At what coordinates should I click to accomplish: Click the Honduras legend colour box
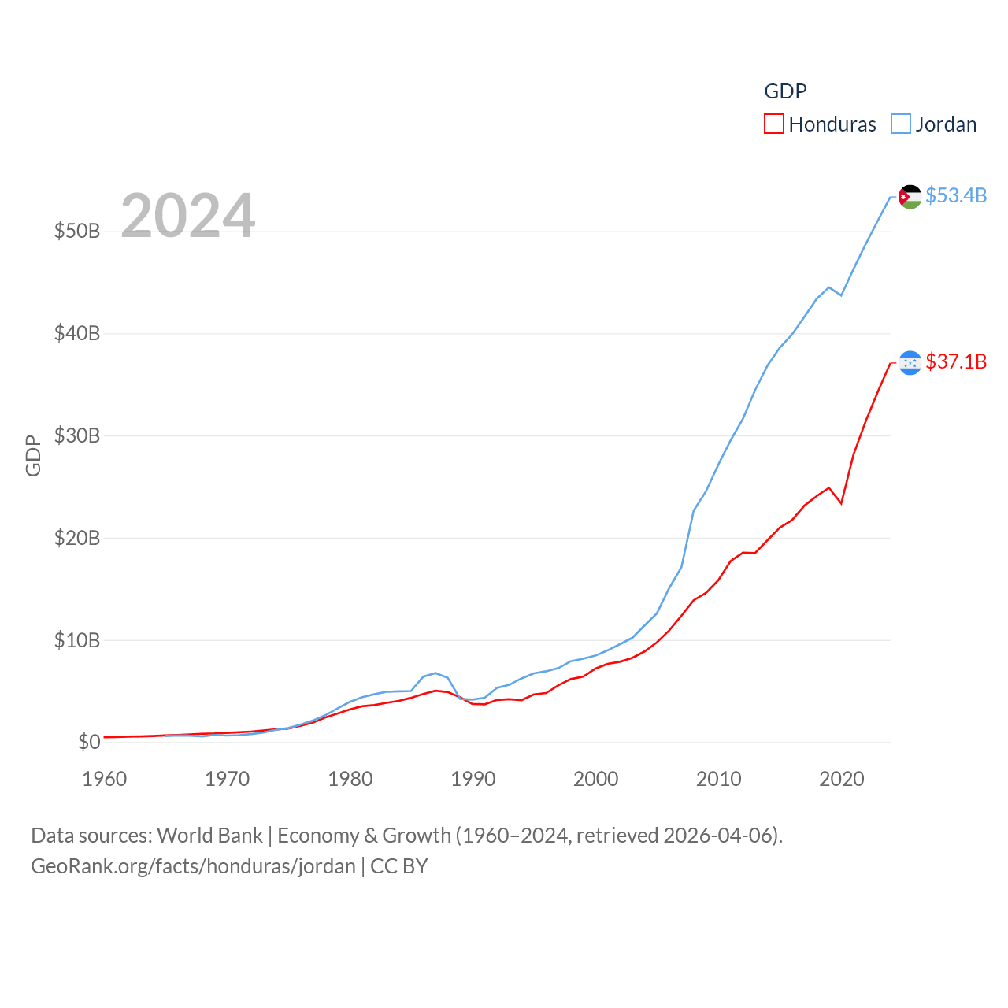[x=774, y=124]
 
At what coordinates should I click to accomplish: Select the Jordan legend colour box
[x=901, y=124]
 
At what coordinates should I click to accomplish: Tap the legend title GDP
[x=785, y=91]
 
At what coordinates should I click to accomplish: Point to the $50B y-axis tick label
[x=77, y=231]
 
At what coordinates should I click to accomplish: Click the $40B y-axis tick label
[x=77, y=333]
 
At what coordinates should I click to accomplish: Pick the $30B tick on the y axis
[x=77, y=435]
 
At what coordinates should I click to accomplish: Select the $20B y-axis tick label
[x=77, y=538]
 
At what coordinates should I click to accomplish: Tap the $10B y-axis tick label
[x=77, y=640]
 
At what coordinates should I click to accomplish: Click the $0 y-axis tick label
[x=89, y=742]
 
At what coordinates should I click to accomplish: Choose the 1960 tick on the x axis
[x=105, y=779]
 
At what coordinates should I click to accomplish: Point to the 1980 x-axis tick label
[x=350, y=779]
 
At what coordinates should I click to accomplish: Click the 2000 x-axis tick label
[x=596, y=779]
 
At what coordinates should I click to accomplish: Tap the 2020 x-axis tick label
[x=842, y=779]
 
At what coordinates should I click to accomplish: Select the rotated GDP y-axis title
[x=33, y=455]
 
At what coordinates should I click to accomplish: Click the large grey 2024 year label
[x=187, y=215]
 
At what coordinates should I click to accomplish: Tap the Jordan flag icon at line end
[x=910, y=197]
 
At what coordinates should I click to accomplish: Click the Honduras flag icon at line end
[x=910, y=363]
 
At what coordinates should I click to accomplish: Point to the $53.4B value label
[x=956, y=195]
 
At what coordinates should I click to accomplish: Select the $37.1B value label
[x=956, y=361]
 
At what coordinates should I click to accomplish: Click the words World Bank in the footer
[x=209, y=835]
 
